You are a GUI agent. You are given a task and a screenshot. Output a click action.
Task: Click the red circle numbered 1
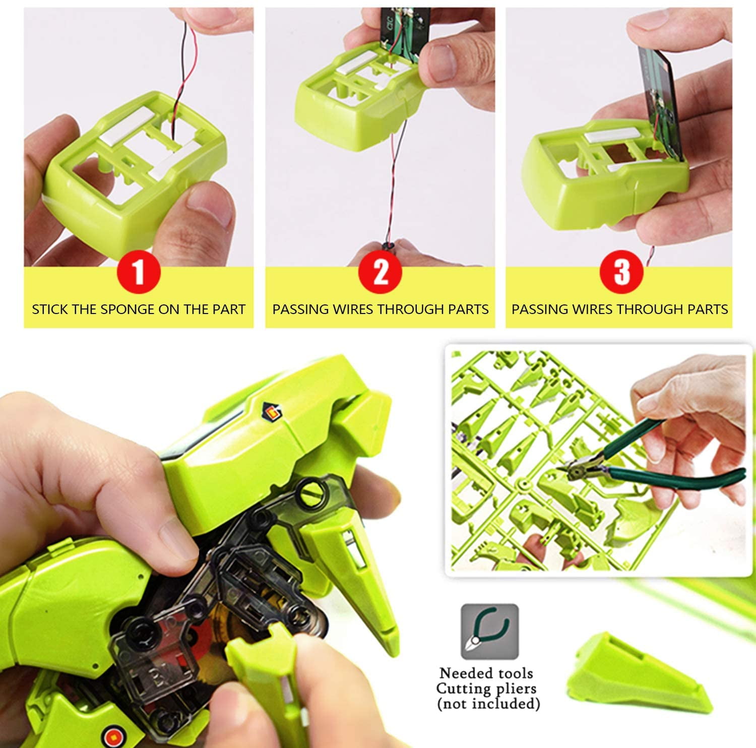139,272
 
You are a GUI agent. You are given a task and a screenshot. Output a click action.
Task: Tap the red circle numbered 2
380,272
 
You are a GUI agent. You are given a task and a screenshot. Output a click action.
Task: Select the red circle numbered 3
621,272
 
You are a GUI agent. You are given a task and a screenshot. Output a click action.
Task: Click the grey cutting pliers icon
489,632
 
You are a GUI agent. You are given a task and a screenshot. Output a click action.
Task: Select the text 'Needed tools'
486,673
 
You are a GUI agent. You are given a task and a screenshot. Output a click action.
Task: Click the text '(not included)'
488,704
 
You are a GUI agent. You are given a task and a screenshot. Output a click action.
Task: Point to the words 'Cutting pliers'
486,689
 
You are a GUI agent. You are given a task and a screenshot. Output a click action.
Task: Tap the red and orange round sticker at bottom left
110,733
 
